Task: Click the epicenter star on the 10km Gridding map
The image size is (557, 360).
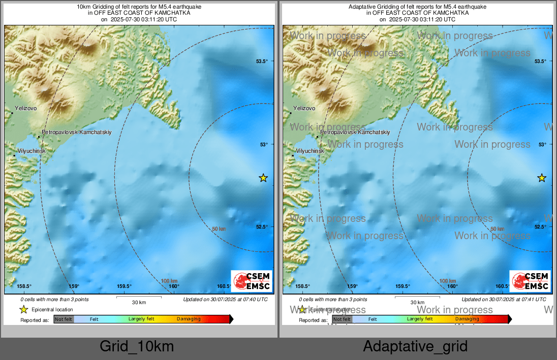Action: coord(263,178)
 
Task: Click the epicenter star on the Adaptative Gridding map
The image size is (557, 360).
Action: coord(542,178)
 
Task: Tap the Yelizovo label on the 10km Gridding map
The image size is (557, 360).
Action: coord(26,108)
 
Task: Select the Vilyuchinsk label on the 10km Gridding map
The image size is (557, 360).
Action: coord(32,151)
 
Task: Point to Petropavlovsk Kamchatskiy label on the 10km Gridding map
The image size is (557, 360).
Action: coord(76,132)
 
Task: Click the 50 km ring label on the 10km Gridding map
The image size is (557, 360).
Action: coord(219,229)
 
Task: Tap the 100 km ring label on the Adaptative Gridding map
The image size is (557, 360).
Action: coord(448,281)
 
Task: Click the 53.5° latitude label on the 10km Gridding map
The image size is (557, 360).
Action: coord(262,61)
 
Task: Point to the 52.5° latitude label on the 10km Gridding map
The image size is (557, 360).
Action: coord(262,227)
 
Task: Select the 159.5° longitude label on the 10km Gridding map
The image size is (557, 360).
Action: coord(125,286)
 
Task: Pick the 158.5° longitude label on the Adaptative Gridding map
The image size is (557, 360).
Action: coord(303,286)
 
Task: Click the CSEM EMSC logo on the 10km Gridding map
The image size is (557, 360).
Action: coord(252,281)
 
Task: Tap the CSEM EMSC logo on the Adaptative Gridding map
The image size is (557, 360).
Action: coord(530,281)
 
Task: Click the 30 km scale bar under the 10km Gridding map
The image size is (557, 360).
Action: coord(139,298)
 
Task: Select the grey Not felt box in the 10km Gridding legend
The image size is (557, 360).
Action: coord(64,319)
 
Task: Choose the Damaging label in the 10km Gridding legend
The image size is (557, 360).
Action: coord(189,319)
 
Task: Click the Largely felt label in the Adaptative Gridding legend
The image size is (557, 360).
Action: coord(420,319)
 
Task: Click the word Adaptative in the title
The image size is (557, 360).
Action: coord(362,7)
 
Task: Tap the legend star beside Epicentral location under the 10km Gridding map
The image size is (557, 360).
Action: coord(23,309)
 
